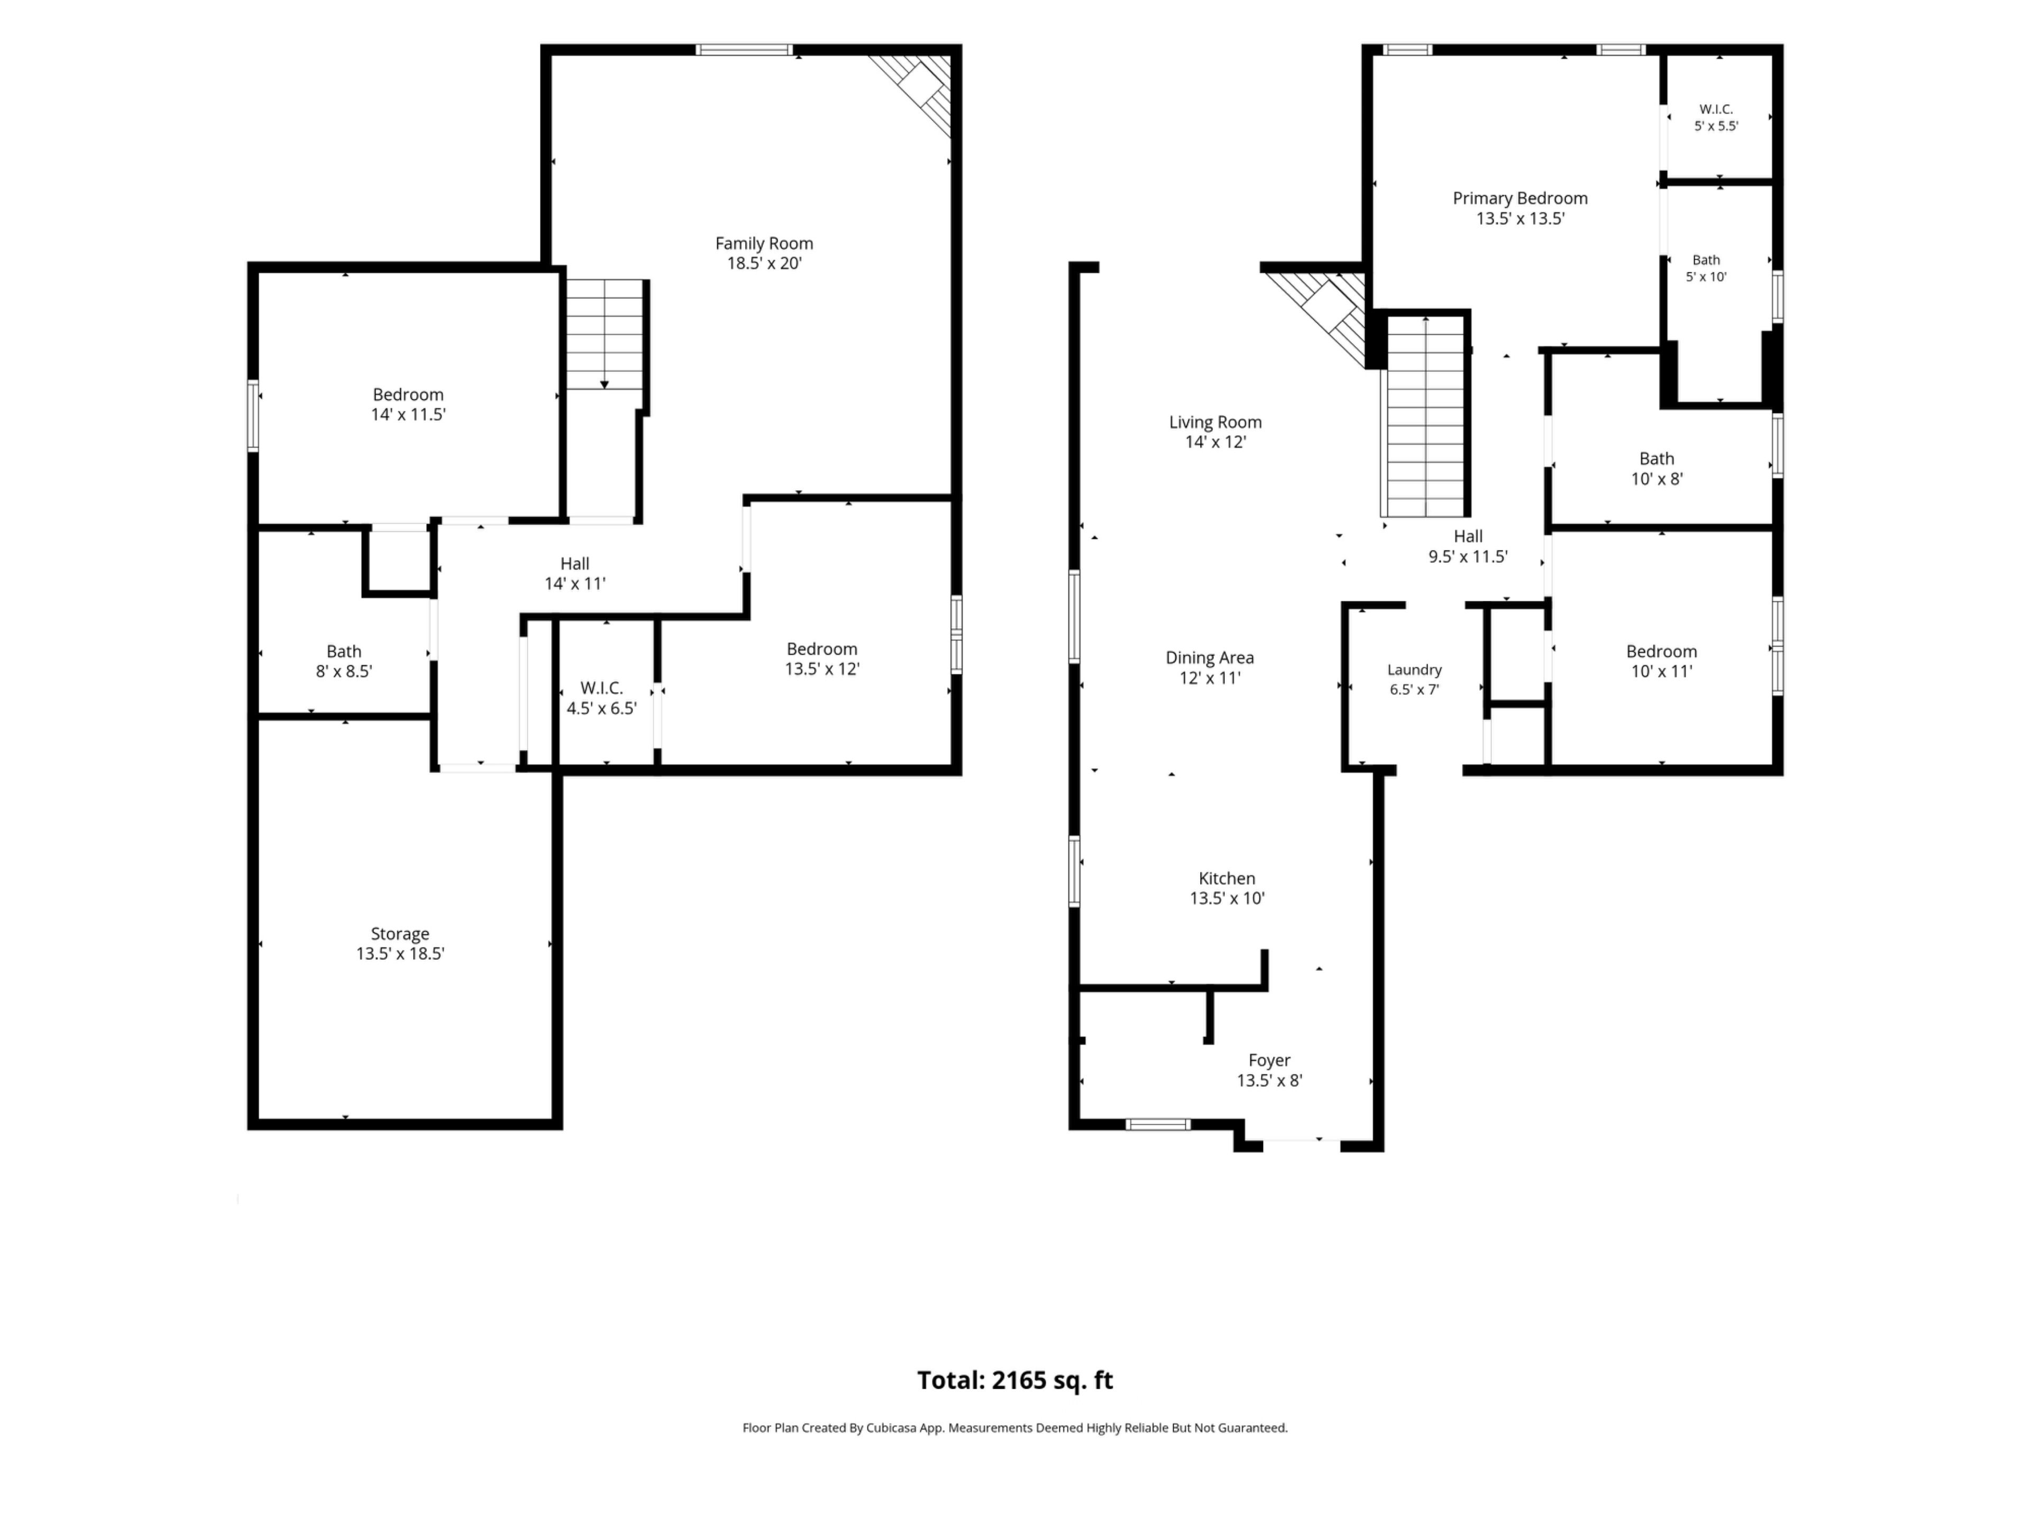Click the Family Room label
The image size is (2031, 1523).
point(764,243)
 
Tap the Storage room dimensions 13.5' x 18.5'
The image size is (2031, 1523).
point(400,954)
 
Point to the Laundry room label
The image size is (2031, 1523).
point(1414,670)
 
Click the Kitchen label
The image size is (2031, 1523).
point(1227,878)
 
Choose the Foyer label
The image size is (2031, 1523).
point(1269,1060)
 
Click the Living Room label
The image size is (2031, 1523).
point(1215,423)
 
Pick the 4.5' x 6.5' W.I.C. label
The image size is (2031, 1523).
point(601,698)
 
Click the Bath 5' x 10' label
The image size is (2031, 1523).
point(1706,268)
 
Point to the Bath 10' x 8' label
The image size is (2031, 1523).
point(1657,468)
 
